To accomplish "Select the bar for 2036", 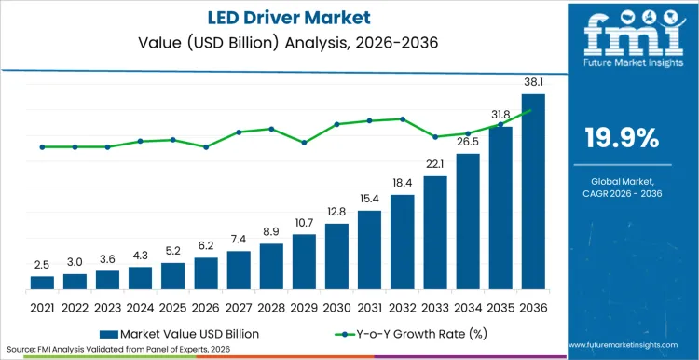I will coord(533,191).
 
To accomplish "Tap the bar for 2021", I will coord(42,282).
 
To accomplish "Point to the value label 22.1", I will coord(435,164).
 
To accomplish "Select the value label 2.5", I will coord(42,265).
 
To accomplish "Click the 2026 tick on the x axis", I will coord(206,305).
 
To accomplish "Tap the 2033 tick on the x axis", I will coord(435,305).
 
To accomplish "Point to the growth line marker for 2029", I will coord(304,143).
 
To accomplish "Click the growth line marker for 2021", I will coord(42,146).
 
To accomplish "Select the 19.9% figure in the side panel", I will coord(622,139).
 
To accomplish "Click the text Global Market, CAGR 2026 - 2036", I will coord(622,187).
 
